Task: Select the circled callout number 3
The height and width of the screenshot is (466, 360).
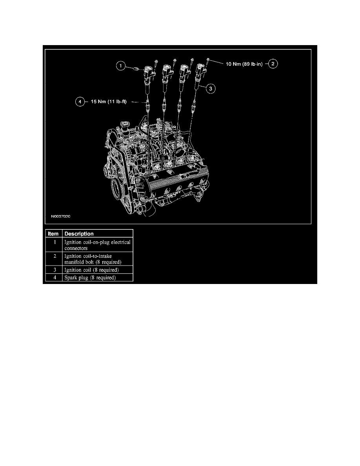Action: click(x=210, y=89)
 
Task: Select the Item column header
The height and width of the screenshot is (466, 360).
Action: click(x=53, y=234)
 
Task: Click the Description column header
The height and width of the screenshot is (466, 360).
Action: click(x=79, y=234)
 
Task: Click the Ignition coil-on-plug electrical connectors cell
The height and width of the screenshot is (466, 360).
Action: click(x=97, y=245)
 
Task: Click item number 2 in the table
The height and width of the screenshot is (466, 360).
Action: click(x=53, y=256)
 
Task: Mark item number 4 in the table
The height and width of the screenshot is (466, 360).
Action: click(x=53, y=278)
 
